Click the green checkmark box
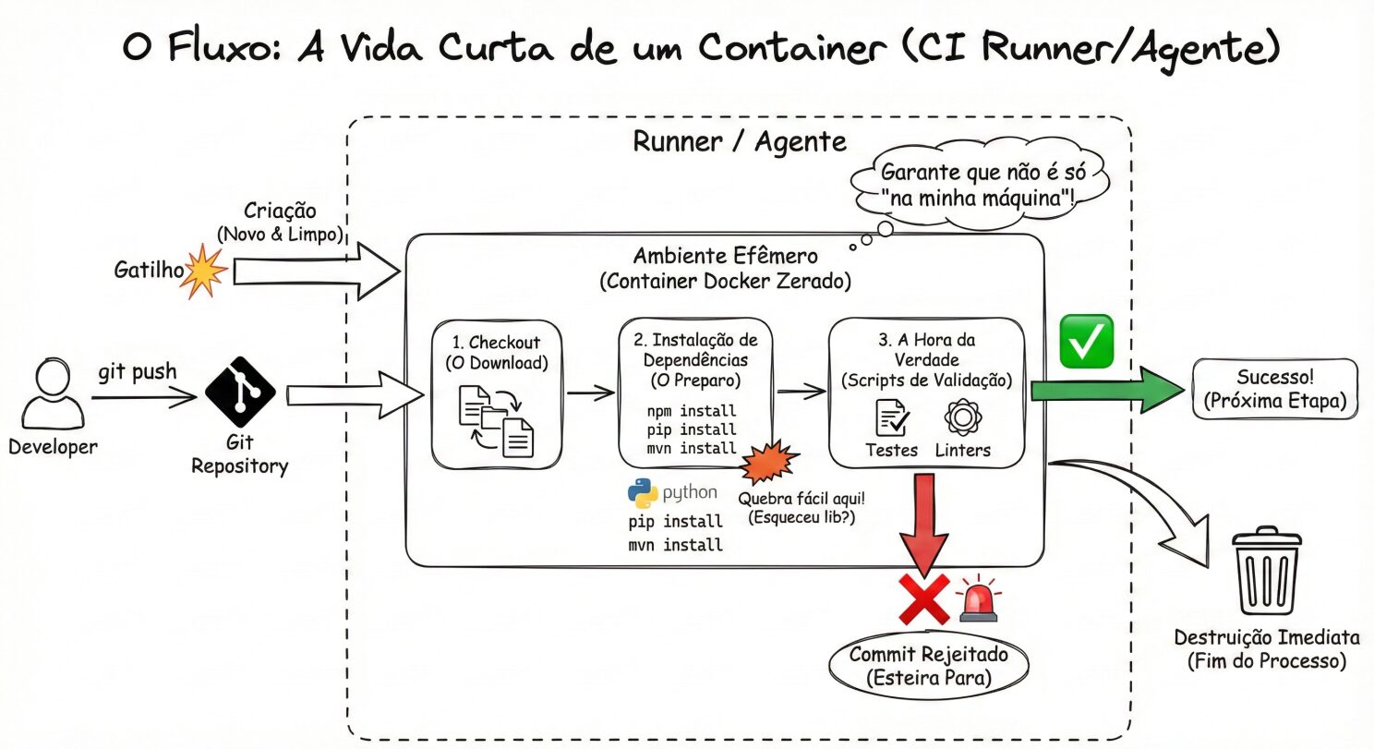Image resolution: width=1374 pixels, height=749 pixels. click(1086, 341)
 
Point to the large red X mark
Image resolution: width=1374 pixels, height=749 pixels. click(924, 598)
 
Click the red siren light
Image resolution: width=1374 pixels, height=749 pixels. click(978, 599)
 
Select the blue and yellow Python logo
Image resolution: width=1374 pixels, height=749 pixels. click(644, 494)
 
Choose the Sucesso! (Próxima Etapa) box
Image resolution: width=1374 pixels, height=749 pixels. click(1275, 388)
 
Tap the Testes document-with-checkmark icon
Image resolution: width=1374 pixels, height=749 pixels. click(891, 418)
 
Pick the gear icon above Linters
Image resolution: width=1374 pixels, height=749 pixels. click(961, 417)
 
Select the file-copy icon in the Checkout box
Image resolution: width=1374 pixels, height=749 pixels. click(497, 420)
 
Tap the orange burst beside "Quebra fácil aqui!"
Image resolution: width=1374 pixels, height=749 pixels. click(768, 463)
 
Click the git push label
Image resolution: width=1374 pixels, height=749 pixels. click(137, 374)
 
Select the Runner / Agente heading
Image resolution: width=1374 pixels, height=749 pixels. click(739, 141)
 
